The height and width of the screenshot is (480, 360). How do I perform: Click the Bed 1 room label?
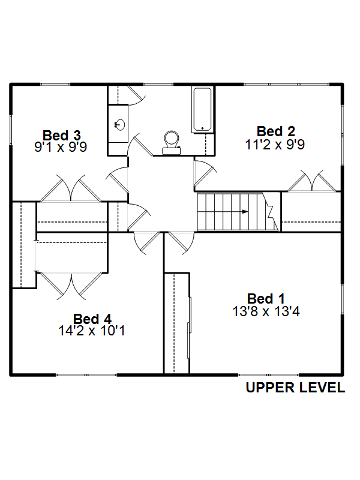pos(266,298)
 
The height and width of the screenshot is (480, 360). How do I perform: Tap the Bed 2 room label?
pos(276,131)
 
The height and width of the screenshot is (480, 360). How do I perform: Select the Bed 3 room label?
pos(62,136)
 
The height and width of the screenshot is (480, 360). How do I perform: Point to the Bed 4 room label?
pos(92,319)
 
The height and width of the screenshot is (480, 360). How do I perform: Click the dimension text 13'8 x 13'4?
pos(266,311)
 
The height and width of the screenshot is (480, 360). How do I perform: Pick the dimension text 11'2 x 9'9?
pos(275,144)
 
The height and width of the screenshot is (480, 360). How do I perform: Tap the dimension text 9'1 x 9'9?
pos(61,147)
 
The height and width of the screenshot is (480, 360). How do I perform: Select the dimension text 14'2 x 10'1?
pos(92,331)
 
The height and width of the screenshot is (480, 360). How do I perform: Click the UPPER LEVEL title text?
pos(295,388)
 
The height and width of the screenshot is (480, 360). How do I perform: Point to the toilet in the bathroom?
pos(171,143)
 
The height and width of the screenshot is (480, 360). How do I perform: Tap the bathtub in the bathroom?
pos(202,110)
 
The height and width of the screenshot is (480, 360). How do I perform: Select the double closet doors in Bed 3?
pos(71,189)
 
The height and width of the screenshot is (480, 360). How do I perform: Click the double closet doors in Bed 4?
pos(71,286)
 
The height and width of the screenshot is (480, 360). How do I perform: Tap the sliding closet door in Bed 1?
pos(189,328)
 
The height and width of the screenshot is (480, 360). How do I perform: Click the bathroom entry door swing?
pos(139,145)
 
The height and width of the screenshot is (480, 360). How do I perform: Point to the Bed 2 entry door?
pos(205,173)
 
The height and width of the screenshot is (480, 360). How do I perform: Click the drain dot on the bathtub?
pos(202,128)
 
